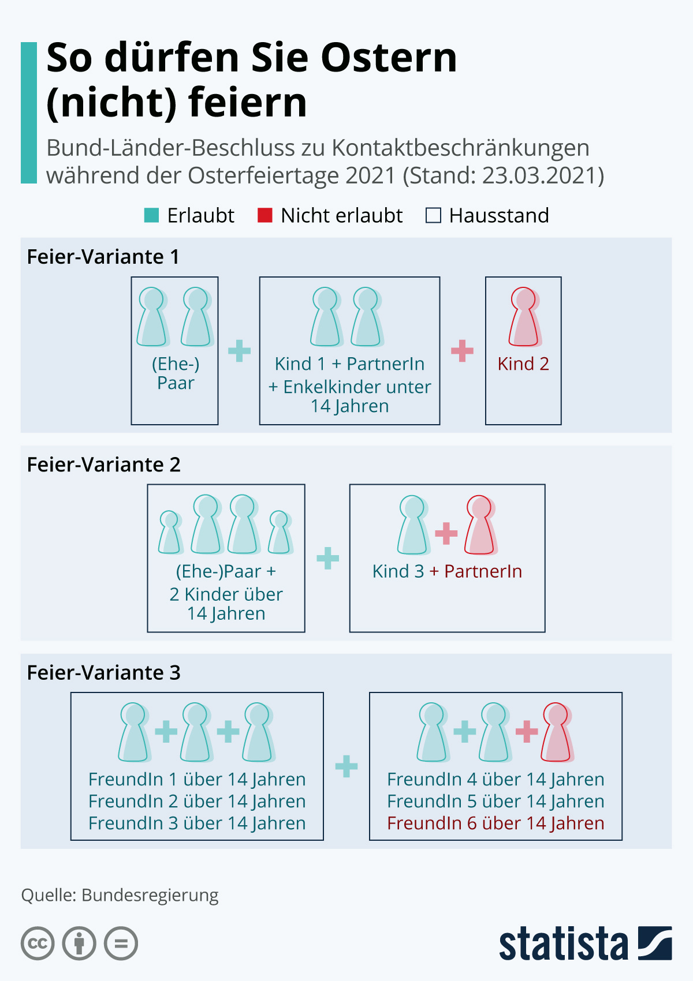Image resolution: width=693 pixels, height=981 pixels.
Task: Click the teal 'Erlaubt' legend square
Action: click(151, 215)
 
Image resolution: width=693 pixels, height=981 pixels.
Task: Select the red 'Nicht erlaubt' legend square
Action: click(265, 215)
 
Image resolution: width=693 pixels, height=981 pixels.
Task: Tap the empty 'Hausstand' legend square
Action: click(433, 215)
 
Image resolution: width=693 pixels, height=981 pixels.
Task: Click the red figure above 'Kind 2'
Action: click(524, 317)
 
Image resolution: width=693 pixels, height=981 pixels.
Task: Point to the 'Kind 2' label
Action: click(523, 364)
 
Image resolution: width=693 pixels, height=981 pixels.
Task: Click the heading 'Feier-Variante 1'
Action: click(103, 257)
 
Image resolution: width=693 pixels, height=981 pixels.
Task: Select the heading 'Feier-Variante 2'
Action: click(104, 465)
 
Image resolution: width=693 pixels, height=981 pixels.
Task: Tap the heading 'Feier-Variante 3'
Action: click(104, 673)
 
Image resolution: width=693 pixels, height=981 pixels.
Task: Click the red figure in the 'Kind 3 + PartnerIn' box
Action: click(480, 525)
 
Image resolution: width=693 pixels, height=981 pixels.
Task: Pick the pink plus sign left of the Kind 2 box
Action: click(462, 351)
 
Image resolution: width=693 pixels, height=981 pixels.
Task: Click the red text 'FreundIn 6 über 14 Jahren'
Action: click(495, 823)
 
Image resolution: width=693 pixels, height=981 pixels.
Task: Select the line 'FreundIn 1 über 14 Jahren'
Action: click(197, 780)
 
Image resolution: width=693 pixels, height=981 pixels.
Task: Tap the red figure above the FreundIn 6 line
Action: click(556, 732)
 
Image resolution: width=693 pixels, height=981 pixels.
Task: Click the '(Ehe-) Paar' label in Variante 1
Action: click(176, 373)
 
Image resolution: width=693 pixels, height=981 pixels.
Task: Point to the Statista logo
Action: click(585, 943)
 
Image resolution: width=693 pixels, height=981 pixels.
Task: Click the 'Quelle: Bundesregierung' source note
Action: click(120, 895)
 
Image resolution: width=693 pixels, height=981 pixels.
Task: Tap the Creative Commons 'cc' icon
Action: click(38, 943)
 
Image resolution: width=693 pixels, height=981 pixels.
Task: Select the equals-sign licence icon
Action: click(121, 943)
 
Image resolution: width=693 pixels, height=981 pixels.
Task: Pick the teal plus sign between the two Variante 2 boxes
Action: click(327, 558)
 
